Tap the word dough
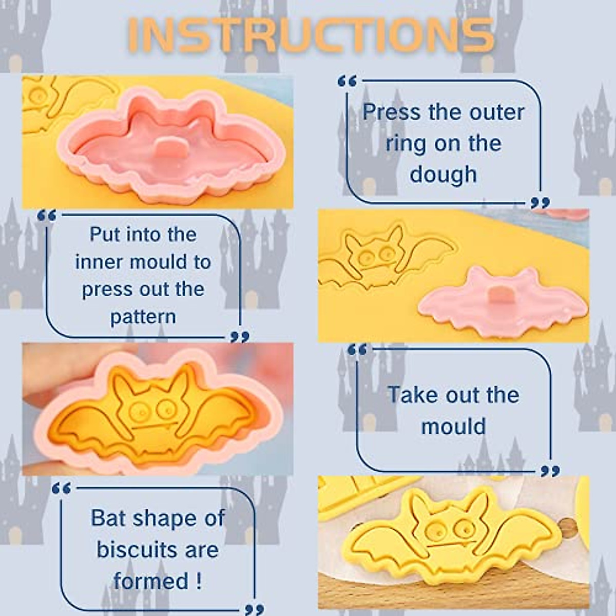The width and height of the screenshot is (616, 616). pyautogui.click(x=444, y=174)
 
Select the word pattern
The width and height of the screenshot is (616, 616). pyautogui.click(x=143, y=317)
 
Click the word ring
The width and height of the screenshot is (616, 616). pyautogui.click(x=406, y=143)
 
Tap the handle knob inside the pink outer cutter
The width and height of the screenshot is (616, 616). pyautogui.click(x=166, y=148)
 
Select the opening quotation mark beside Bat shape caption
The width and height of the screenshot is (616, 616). pyautogui.click(x=62, y=488)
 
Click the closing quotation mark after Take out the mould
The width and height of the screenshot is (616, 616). pyautogui.click(x=550, y=471)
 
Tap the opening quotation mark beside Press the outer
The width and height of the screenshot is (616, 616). pyautogui.click(x=347, y=81)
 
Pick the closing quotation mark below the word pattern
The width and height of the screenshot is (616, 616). pyautogui.click(x=240, y=337)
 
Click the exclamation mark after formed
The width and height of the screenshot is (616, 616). pyautogui.click(x=198, y=581)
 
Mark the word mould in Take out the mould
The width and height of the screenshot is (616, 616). pyautogui.click(x=453, y=426)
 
